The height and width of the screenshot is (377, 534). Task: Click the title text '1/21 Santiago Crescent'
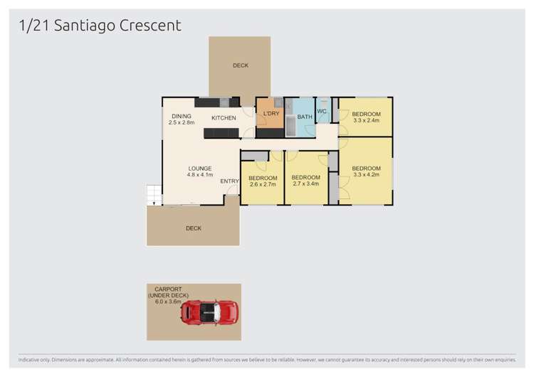point(100,26)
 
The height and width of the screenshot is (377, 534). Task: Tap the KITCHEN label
point(224,117)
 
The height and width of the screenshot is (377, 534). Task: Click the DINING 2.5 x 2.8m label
point(182,120)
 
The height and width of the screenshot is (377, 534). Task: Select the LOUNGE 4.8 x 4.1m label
point(199,171)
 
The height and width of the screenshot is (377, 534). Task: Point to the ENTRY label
point(229,181)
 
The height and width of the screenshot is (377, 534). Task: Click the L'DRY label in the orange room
point(271,115)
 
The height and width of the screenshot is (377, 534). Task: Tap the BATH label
point(305,117)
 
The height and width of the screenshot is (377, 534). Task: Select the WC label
point(322,111)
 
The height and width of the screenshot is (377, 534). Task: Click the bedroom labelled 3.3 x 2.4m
point(366,117)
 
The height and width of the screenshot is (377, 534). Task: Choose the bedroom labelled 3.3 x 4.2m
point(366,171)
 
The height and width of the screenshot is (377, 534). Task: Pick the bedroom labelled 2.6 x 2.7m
point(263,181)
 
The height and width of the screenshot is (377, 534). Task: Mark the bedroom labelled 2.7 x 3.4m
point(306,181)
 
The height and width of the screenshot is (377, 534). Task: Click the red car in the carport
point(209,312)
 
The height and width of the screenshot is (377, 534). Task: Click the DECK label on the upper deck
point(241,66)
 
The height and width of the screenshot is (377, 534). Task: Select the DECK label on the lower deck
point(194,228)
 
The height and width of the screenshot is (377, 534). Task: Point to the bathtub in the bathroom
point(290,127)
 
